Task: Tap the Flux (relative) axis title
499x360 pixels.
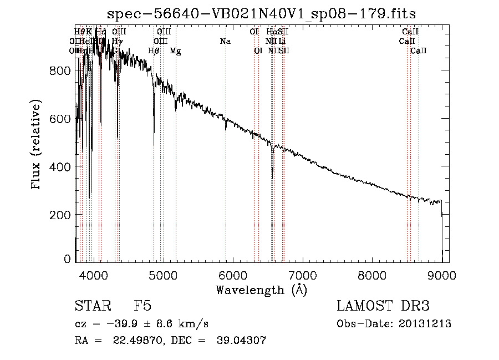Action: click(37, 145)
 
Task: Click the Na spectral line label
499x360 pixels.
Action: click(225, 41)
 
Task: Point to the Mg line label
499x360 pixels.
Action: click(175, 51)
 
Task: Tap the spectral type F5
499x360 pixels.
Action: click(142, 307)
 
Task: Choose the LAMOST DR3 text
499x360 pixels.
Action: click(383, 307)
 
